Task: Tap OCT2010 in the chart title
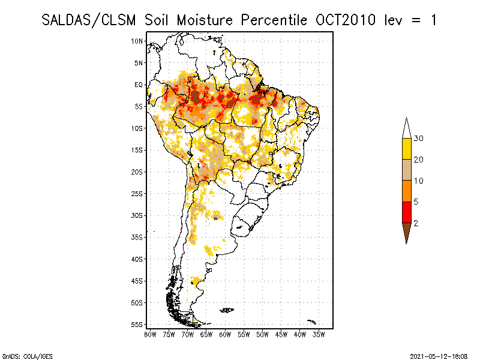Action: (x=345, y=20)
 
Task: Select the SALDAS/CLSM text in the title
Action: (x=91, y=20)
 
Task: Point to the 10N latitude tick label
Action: (x=137, y=41)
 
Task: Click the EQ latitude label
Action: (x=139, y=85)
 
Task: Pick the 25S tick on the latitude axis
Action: (x=137, y=193)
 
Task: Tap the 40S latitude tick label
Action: (x=137, y=259)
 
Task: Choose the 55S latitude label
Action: (x=137, y=324)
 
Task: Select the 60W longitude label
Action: (x=225, y=334)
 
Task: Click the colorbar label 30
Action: (x=419, y=139)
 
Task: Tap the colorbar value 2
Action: (x=416, y=223)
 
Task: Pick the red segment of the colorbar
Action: (x=407, y=212)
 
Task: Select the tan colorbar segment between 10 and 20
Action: (x=407, y=170)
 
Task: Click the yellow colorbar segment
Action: (x=407, y=149)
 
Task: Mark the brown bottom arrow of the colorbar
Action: (x=407, y=230)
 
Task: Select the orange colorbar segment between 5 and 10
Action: (x=407, y=191)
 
